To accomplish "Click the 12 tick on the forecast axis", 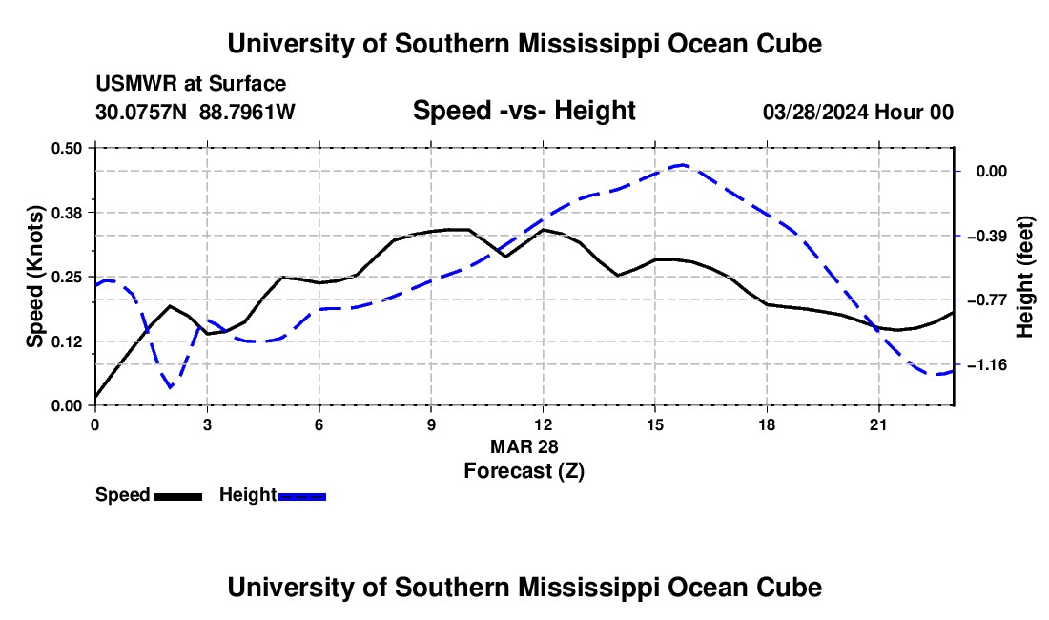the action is click(x=543, y=424).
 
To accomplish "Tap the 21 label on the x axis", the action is click(x=878, y=424).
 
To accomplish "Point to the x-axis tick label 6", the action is click(x=319, y=424).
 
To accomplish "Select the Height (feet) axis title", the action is click(x=1025, y=277).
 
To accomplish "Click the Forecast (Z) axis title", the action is click(x=524, y=470).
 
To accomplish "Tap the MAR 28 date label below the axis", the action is click(x=524, y=446).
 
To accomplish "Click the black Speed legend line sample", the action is click(x=178, y=497).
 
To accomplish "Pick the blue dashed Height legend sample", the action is click(x=301, y=497).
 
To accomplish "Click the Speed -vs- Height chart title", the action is click(x=524, y=111).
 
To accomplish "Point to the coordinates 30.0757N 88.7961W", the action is click(x=195, y=112).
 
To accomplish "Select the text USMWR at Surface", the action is click(x=191, y=84).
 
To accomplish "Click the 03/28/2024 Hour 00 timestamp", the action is click(x=858, y=112).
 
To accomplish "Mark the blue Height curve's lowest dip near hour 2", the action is click(x=171, y=387).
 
